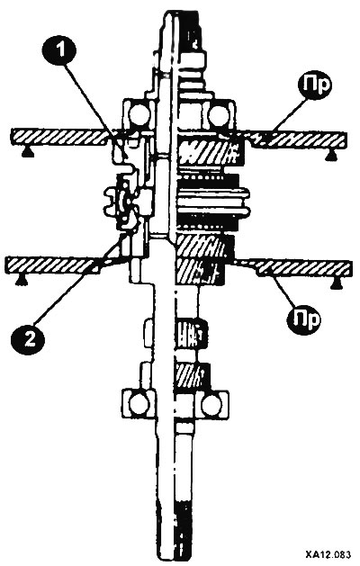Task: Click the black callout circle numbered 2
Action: click(29, 339)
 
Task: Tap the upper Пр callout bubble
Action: click(314, 85)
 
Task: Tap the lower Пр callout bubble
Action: click(304, 319)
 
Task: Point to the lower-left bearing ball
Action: click(139, 404)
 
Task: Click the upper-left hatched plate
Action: click(59, 137)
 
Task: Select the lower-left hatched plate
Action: click(52, 265)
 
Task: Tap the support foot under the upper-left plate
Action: click(26, 153)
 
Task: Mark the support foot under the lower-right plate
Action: click(337, 284)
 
